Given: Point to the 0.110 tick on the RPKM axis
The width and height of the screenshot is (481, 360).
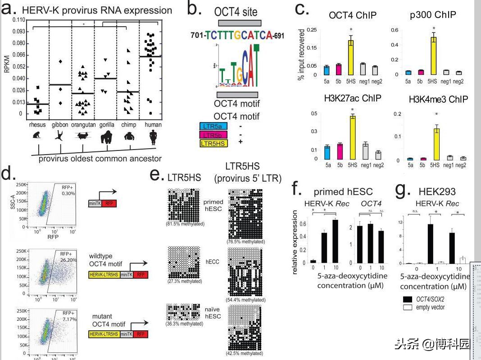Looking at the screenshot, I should pyautogui.click(x=19, y=20).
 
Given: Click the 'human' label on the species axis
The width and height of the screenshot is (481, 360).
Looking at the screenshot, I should pyautogui.click(x=153, y=125).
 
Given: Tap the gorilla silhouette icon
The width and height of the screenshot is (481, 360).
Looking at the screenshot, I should pyautogui.click(x=107, y=137).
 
